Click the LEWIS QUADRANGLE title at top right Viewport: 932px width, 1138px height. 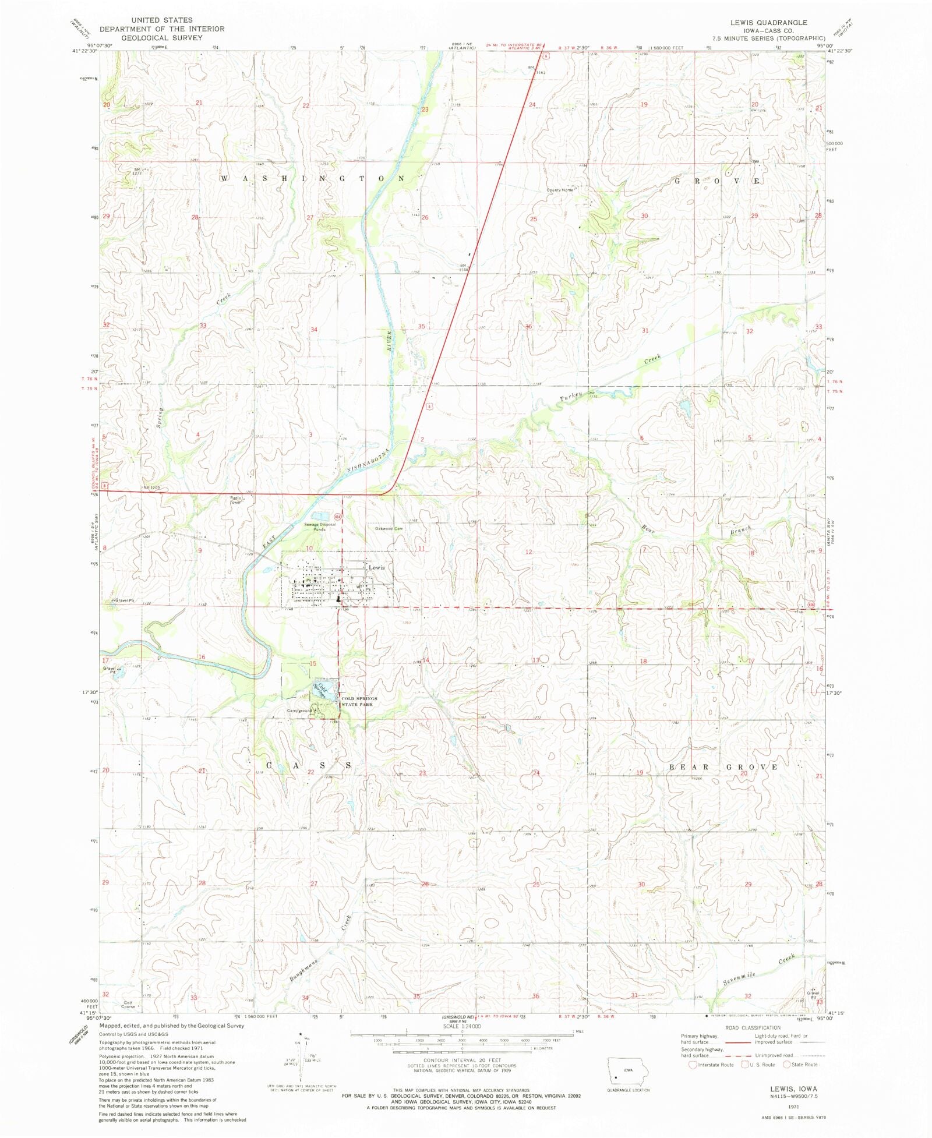pos(769,22)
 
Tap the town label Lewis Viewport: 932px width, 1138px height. pos(376,567)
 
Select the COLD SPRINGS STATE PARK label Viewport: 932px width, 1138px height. pos(359,701)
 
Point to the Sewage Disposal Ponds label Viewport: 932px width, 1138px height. pos(319,527)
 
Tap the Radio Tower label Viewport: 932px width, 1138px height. pos(235,500)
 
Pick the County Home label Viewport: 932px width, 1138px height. pos(560,190)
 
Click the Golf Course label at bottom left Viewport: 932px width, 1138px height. pos(128,1005)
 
